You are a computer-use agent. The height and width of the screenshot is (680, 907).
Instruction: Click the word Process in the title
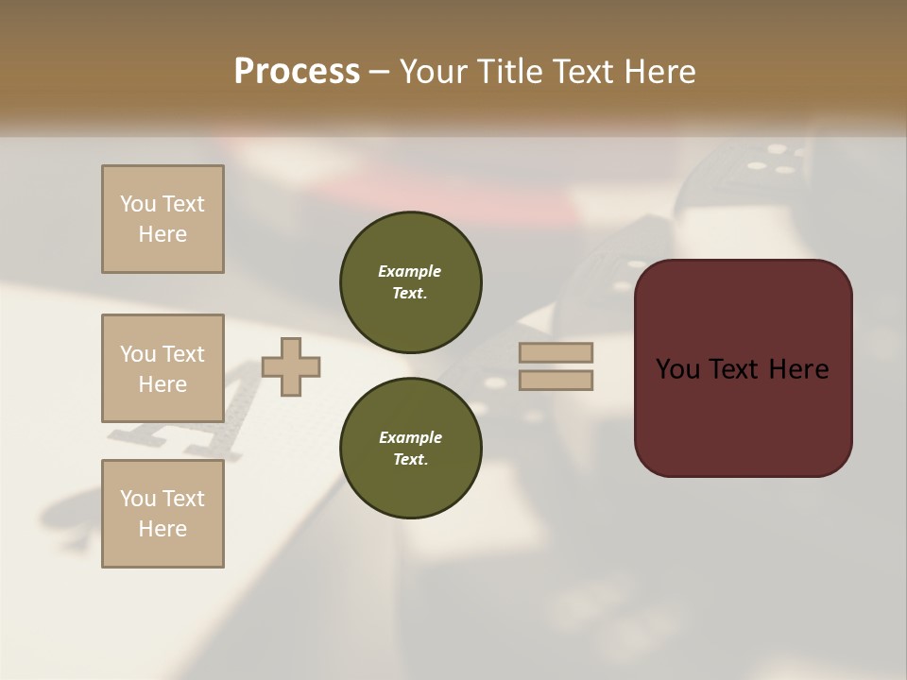click(297, 72)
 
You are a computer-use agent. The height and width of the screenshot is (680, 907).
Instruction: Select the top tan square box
click(163, 219)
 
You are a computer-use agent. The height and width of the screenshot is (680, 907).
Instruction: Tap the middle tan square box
click(163, 368)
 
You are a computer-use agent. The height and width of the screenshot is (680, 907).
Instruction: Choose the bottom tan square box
click(163, 514)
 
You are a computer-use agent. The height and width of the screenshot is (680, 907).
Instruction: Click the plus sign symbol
click(291, 366)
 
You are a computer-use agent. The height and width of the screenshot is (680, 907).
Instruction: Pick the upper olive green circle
click(411, 281)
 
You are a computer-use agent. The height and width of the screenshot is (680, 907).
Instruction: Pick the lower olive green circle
click(411, 448)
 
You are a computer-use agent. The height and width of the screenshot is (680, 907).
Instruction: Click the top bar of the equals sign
click(556, 352)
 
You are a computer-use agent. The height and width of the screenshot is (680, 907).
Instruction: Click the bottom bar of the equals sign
click(556, 381)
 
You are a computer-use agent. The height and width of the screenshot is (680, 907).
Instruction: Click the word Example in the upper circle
click(410, 271)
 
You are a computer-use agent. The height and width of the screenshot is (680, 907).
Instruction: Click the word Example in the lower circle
click(410, 437)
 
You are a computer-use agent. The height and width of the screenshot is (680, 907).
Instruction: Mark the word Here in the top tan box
click(163, 234)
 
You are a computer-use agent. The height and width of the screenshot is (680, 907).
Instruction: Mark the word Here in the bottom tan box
click(163, 529)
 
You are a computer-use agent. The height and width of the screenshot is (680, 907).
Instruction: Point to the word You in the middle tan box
click(137, 354)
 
